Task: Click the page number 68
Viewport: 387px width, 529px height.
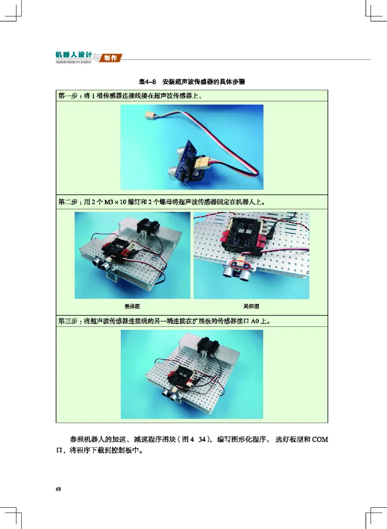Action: coord(58,489)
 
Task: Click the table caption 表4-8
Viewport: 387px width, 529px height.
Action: coord(147,82)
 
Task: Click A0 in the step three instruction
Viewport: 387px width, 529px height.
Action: coord(255,321)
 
